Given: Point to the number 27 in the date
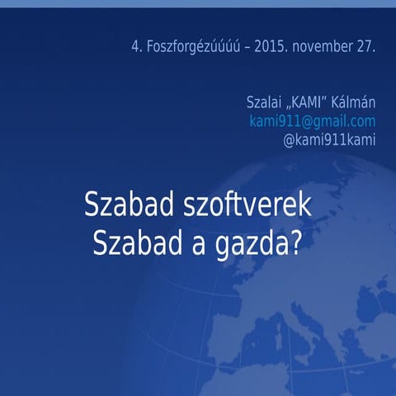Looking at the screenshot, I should pyautogui.click(x=365, y=47).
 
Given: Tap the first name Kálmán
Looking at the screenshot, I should pyautogui.click(x=356, y=103).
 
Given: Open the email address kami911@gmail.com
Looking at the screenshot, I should pyautogui.click(x=312, y=121).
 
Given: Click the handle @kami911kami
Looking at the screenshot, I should pyautogui.click(x=329, y=139).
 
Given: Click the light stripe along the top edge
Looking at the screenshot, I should pyautogui.click(x=198, y=3).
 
